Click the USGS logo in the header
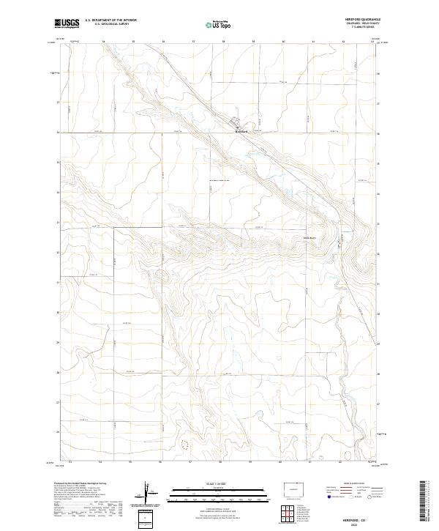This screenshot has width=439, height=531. [67, 23]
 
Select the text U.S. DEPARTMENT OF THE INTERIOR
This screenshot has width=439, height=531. [110, 21]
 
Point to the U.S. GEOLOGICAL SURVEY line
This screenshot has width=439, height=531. [110, 25]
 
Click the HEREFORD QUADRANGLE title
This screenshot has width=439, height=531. [362, 20]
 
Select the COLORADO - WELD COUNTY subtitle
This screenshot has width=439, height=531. [364, 24]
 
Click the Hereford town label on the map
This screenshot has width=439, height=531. [241, 132]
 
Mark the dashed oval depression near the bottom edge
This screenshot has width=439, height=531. [184, 444]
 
